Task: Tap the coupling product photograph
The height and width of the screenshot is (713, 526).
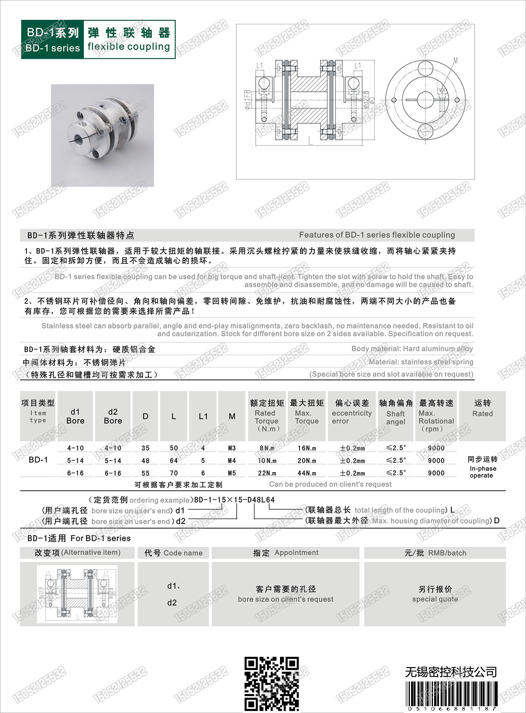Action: point(102,135)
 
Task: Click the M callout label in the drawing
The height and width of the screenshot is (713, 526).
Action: point(455,61)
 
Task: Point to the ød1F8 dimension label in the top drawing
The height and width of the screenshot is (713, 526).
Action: point(248,99)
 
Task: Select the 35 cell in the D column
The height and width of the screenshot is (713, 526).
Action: point(145,448)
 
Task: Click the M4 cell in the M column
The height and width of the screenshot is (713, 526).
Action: point(232,460)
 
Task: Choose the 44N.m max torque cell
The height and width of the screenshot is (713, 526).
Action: point(307,473)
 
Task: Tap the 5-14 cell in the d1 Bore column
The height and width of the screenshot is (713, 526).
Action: point(75,460)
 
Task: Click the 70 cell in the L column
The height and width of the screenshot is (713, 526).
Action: point(174,473)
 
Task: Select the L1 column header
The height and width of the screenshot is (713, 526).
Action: point(203,416)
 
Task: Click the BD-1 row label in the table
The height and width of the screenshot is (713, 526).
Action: point(38,460)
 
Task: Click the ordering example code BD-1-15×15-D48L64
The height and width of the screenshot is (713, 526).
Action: point(234,500)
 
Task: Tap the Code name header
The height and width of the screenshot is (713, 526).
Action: point(174,553)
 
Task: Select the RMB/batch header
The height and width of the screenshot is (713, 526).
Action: point(435,553)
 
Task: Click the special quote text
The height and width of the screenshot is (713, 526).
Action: point(435,599)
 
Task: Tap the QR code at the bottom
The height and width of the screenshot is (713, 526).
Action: point(271,683)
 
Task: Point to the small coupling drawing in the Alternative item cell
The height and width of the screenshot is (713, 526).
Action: point(77,594)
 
